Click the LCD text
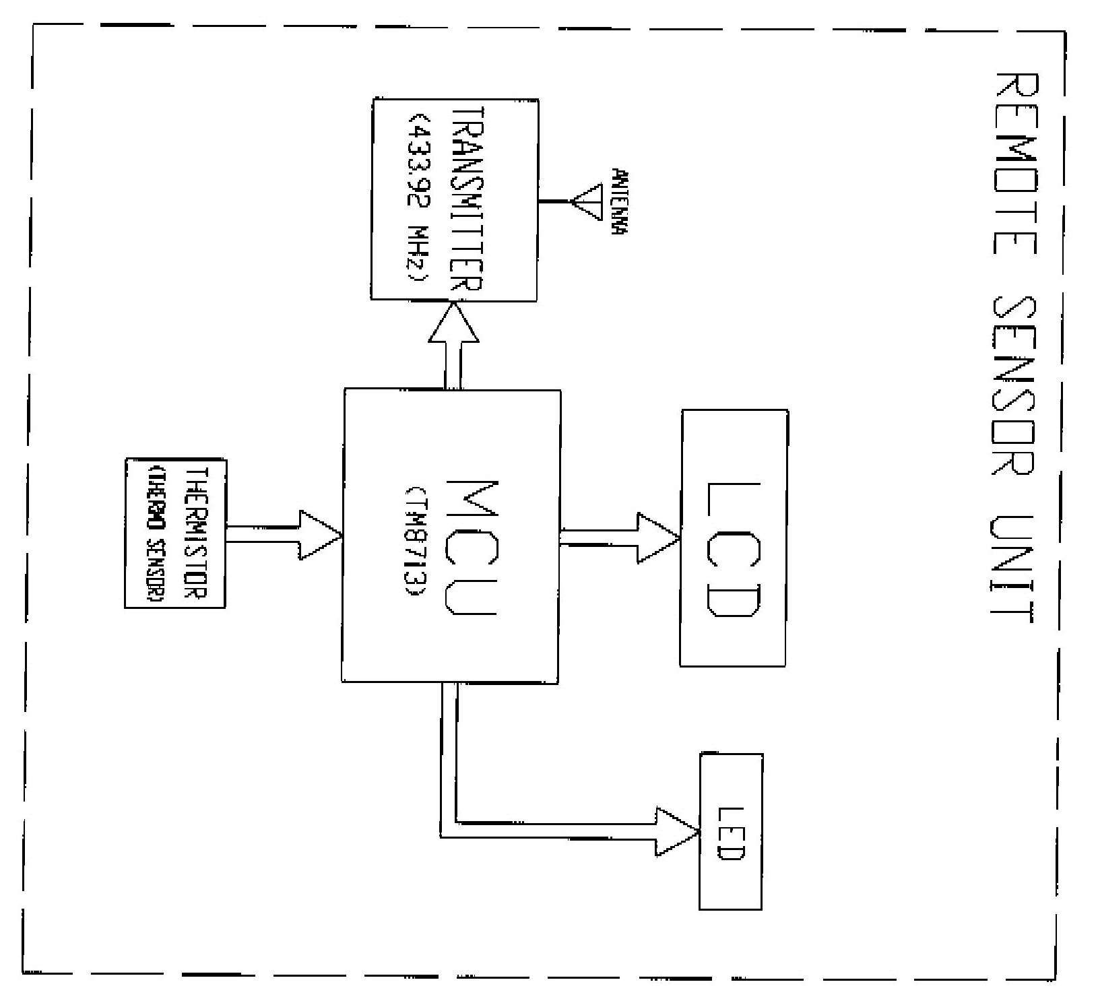(x=734, y=549)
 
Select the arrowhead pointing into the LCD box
(x=659, y=538)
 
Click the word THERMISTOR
(x=195, y=532)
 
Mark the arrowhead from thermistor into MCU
(x=321, y=535)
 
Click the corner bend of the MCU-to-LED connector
(x=449, y=830)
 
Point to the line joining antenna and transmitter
(x=554, y=201)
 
